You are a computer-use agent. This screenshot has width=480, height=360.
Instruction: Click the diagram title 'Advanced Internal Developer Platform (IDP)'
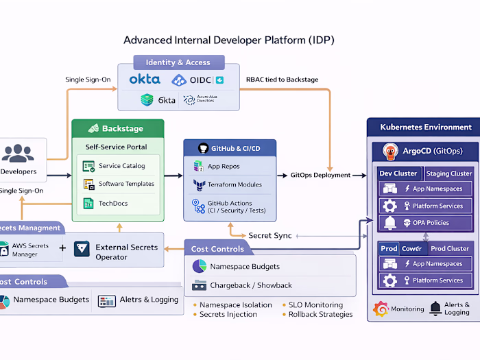(228, 40)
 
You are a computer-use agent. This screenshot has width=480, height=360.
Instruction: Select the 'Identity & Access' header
(178, 62)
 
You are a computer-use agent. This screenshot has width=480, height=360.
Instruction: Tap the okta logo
(145, 80)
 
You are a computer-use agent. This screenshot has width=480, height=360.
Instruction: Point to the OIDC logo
(197, 80)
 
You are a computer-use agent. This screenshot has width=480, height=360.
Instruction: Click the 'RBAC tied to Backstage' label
(282, 80)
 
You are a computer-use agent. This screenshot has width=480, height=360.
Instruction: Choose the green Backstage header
(118, 128)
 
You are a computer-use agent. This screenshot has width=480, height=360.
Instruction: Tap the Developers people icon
(22, 152)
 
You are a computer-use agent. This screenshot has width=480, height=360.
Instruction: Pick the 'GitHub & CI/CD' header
(230, 147)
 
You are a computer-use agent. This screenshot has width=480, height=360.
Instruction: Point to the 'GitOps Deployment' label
(320, 175)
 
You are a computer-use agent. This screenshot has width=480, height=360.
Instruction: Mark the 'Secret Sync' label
(269, 235)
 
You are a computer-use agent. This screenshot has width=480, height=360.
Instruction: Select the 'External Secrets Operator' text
(125, 252)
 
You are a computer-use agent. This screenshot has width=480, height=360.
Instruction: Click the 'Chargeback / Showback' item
(251, 285)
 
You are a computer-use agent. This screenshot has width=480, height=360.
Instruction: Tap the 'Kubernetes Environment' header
(426, 127)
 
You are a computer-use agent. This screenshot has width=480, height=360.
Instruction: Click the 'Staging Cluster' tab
(448, 173)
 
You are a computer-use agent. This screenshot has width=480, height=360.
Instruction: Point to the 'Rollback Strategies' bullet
(320, 314)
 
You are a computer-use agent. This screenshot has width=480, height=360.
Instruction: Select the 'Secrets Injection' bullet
(228, 314)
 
